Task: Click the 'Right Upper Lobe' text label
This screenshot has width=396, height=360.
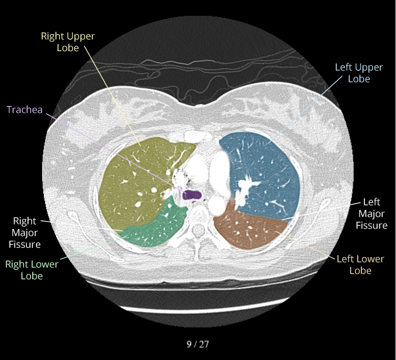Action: [x=68, y=41]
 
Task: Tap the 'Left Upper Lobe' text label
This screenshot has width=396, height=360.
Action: [x=359, y=73]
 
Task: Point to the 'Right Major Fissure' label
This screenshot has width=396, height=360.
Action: [x=25, y=233]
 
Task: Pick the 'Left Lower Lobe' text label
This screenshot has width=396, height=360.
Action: [x=361, y=264]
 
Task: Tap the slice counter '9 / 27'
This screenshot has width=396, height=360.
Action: [x=197, y=344]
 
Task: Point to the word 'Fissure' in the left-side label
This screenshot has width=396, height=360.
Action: [x=25, y=244]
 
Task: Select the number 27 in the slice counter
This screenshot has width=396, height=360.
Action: [x=203, y=344]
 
